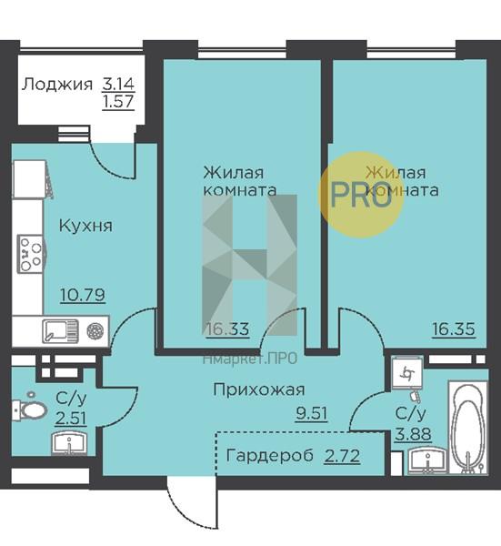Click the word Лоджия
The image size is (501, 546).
[57, 85]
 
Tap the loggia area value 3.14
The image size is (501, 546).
[118, 84]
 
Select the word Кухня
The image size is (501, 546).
[85, 226]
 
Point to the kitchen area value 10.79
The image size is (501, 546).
[83, 295]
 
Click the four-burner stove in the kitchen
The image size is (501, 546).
[31, 254]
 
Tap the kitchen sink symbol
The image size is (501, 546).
[60, 331]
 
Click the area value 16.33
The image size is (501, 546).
[227, 329]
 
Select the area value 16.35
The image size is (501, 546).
[454, 329]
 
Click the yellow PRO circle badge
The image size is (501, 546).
[362, 195]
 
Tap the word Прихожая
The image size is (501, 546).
[259, 389]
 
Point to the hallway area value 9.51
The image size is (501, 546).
[311, 413]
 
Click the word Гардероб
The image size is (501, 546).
[270, 455]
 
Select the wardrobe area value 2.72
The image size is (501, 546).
[342, 456]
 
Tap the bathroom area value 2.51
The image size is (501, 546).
[71, 418]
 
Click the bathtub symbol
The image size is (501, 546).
[467, 428]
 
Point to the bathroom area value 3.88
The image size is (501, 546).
[413, 434]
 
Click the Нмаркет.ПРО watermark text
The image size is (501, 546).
[250, 359]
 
